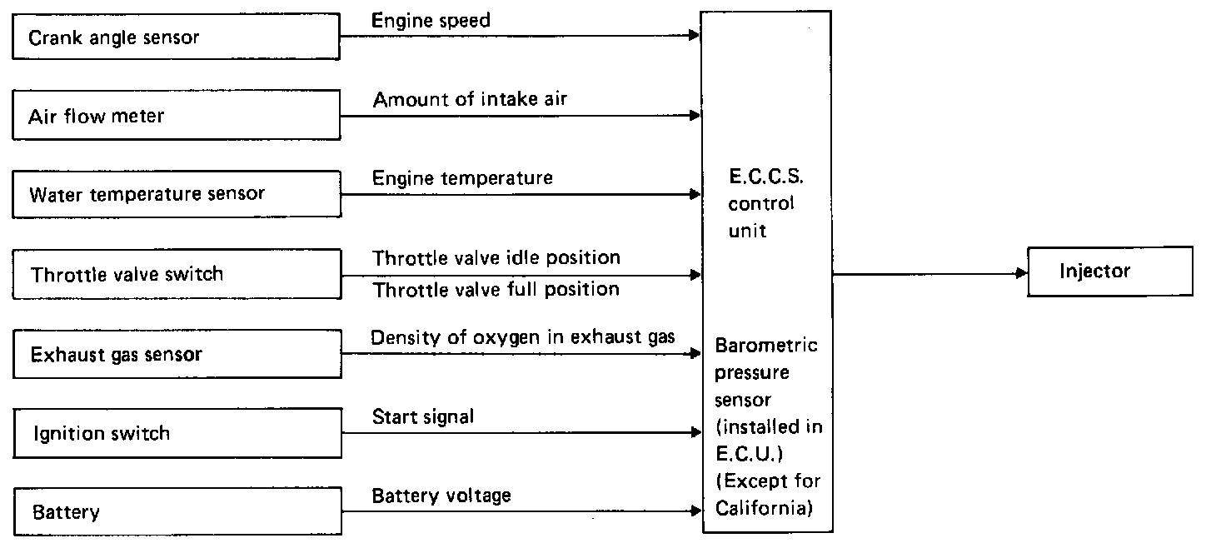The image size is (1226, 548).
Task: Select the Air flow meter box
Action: tap(177, 117)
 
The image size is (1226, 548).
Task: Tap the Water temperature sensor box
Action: tap(177, 195)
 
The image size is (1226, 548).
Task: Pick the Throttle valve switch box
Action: tap(177, 274)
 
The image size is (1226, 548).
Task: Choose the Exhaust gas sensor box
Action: tap(177, 355)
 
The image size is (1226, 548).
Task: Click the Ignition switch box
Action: tap(177, 433)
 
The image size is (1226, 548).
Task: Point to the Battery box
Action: tap(177, 511)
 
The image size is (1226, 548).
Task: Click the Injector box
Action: tap(1109, 271)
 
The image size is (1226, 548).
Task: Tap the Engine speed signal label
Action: tap(431, 20)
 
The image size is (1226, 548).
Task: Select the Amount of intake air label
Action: tap(471, 100)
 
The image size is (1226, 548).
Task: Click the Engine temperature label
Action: tap(462, 177)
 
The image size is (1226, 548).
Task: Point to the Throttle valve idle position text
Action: tap(496, 257)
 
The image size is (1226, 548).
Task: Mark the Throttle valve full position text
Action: tap(496, 290)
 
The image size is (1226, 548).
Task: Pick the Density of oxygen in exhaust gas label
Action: tap(523, 337)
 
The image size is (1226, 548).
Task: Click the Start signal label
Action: tap(423, 416)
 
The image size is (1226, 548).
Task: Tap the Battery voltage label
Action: tap(441, 496)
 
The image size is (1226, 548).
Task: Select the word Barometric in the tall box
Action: tap(766, 345)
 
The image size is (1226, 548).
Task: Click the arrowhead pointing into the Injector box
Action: tap(1023, 272)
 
